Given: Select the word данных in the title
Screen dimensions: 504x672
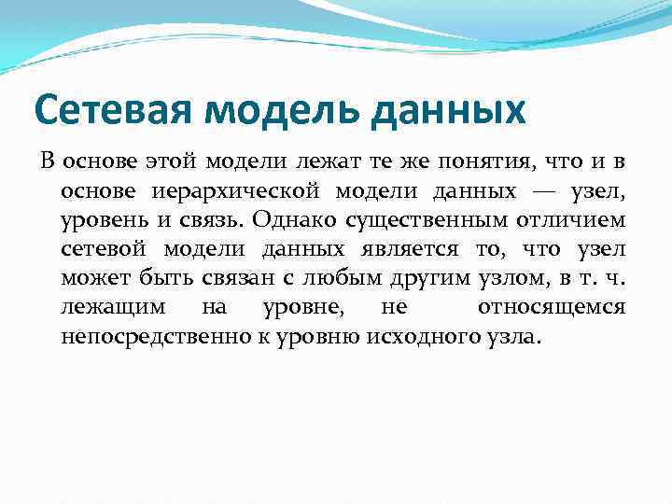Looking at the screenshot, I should click(449, 110).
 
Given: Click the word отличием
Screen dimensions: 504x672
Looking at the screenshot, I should click(574, 220).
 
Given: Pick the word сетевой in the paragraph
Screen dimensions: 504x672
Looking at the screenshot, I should click(103, 249).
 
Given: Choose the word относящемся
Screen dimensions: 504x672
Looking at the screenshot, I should click(552, 307).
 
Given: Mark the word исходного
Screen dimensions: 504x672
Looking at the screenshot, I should click(400, 337).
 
